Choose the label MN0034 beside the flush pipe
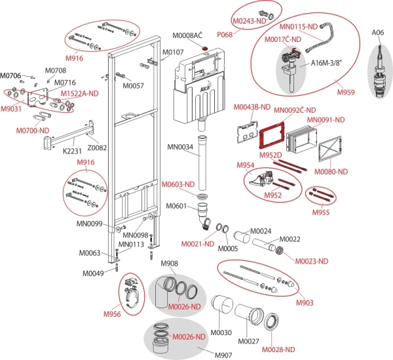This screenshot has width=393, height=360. coord(180,148)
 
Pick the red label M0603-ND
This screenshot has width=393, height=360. coord(178,185)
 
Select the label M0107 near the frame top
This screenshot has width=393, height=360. coord(173,52)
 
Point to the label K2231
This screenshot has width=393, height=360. coord(71,150)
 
